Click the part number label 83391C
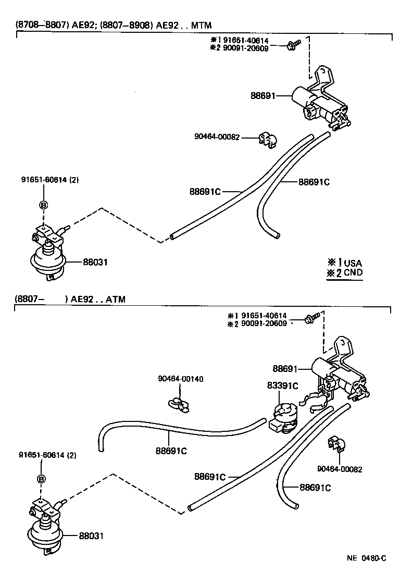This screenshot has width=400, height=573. [283, 385]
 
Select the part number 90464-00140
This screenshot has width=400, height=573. [181, 379]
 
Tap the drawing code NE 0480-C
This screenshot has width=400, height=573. [366, 558]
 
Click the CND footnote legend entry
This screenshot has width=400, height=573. [345, 272]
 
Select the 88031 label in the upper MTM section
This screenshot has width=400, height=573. [95, 262]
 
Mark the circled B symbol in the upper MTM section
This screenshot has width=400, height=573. [44, 205]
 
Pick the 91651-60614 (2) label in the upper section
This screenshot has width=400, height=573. [49, 180]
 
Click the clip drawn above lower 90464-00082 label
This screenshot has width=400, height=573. [335, 443]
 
